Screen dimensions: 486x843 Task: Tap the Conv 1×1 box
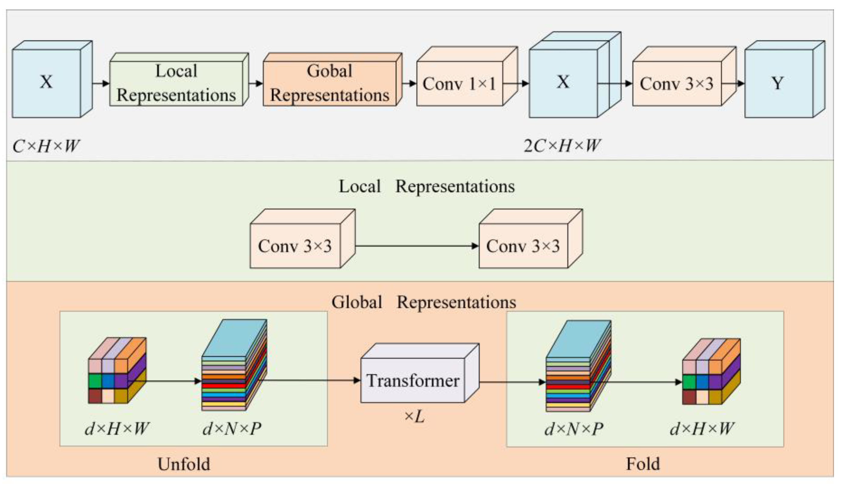(460, 83)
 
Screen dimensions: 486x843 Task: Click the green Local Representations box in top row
(176, 83)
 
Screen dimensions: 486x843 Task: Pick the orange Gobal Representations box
(330, 83)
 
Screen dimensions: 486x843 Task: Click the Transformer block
(413, 380)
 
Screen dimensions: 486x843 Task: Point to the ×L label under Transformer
(414, 416)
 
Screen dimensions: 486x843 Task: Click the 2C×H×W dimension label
(562, 146)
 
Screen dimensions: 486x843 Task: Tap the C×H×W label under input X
(46, 146)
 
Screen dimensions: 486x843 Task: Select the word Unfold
(184, 464)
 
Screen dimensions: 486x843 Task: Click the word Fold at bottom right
(643, 464)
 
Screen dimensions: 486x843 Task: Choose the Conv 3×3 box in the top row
(677, 83)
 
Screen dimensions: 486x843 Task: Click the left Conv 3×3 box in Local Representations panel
(295, 246)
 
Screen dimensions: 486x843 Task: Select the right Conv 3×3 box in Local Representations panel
(523, 246)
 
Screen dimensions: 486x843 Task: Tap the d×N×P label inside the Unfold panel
(232, 429)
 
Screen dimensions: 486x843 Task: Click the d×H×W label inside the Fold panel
(702, 429)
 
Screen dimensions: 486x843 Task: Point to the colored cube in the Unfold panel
(117, 371)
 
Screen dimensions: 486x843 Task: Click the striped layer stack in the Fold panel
(577, 367)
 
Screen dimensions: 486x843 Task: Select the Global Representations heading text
(423, 302)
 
